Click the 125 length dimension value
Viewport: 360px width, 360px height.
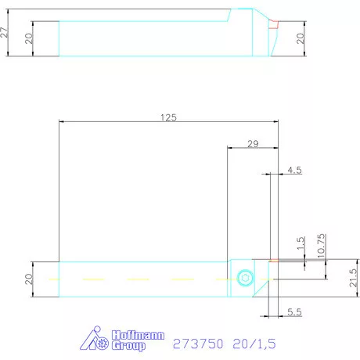(x=168, y=117)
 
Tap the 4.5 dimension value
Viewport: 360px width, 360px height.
(x=294, y=170)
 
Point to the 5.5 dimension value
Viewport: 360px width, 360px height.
(x=294, y=311)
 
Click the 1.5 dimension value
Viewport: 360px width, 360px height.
(x=301, y=244)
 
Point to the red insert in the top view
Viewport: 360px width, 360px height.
(x=274, y=24)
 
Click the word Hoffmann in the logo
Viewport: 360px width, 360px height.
(x=142, y=334)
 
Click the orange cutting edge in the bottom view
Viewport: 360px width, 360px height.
(x=273, y=261)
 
